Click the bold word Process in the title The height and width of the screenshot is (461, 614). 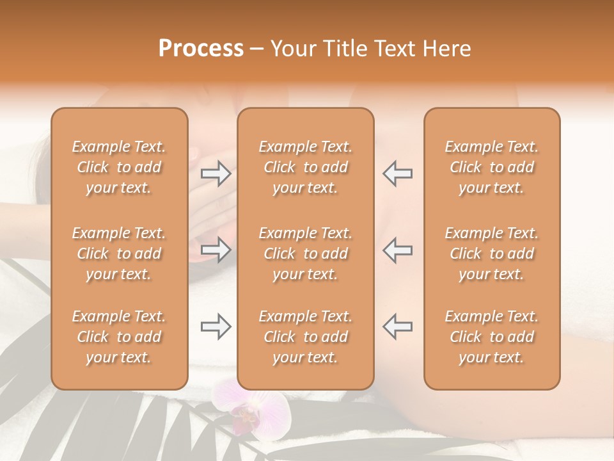(201, 49)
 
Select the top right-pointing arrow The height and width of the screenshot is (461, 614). (216, 173)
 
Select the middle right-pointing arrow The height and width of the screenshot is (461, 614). (216, 250)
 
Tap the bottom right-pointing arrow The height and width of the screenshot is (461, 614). (216, 327)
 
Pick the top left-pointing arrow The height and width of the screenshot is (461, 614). (397, 173)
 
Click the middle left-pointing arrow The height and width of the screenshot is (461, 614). (397, 250)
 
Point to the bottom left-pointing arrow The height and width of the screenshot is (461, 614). (397, 327)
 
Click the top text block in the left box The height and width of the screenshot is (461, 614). (119, 167)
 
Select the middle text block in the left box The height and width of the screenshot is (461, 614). (119, 254)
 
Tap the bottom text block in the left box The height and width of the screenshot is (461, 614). (119, 337)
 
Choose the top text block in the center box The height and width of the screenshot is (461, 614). (305, 167)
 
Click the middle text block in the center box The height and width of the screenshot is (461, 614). (305, 254)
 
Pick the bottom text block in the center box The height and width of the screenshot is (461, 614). (305, 337)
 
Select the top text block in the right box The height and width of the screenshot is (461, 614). (491, 167)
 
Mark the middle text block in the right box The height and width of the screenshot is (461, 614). (491, 254)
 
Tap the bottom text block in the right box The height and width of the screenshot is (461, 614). (491, 337)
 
